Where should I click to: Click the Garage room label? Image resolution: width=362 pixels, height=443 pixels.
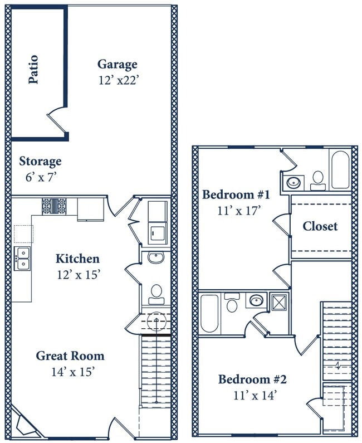[117, 65]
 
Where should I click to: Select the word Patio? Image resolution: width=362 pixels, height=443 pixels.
[33, 70]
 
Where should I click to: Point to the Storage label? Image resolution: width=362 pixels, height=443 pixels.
[40, 162]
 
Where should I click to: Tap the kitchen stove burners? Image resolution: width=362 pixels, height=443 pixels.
[54, 207]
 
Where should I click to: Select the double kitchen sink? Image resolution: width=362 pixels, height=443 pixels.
[22, 259]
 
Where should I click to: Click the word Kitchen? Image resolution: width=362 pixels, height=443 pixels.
[77, 259]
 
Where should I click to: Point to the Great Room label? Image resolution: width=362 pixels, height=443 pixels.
[70, 356]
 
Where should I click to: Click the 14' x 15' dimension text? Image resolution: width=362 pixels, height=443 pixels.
[72, 372]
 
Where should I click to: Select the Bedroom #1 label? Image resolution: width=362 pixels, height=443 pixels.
[236, 194]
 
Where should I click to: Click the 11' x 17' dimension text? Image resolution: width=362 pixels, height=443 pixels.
[238, 211]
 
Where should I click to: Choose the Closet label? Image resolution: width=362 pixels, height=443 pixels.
[320, 226]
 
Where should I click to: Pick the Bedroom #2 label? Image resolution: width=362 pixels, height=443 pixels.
[252, 379]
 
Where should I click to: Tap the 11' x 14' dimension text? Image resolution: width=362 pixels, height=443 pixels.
[255, 396]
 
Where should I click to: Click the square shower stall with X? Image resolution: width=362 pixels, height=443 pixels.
[279, 303]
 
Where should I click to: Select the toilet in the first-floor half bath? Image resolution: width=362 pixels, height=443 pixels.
[156, 294]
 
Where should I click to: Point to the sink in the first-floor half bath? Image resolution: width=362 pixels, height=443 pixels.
[155, 257]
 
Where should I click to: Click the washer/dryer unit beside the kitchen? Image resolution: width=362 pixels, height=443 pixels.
[158, 223]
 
